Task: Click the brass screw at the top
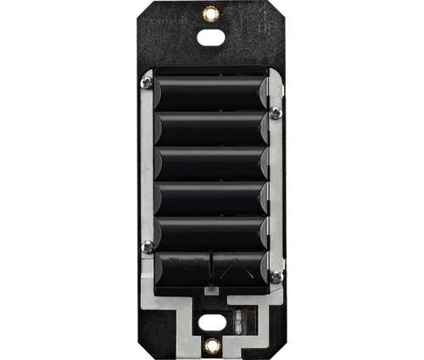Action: pyautogui.click(x=210, y=13)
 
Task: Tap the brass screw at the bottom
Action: pyautogui.click(x=211, y=345)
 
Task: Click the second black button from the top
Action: pyautogui.click(x=210, y=129)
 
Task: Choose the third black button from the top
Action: pyautogui.click(x=210, y=163)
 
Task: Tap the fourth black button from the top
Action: pyautogui.click(x=210, y=198)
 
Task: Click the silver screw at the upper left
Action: pyautogui.click(x=147, y=83)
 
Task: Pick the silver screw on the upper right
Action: pyautogui.click(x=276, y=113)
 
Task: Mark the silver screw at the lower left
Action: pyautogui.click(x=147, y=246)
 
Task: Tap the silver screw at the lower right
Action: pyautogui.click(x=276, y=276)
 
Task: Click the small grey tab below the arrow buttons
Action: pyautogui.click(x=212, y=291)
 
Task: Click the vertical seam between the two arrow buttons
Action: pyautogui.click(x=211, y=270)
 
